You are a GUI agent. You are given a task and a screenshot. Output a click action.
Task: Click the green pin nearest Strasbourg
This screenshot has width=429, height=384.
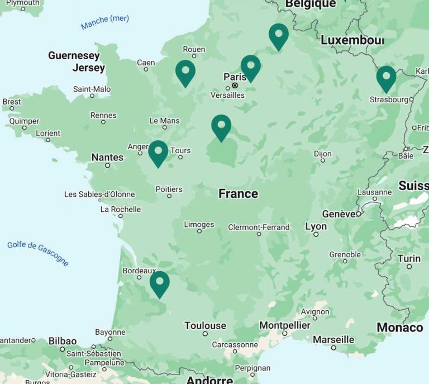point(386,77)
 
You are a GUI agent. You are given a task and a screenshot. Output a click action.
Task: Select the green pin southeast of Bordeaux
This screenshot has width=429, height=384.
point(160,282)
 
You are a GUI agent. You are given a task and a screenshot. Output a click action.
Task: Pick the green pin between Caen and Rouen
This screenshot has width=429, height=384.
point(185,72)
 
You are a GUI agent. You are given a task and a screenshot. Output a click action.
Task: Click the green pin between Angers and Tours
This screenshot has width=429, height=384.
point(158,152)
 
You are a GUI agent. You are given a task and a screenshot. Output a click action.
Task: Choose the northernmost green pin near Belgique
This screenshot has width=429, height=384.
point(279,35)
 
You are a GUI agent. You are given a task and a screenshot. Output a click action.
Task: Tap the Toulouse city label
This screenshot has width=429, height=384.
point(205,325)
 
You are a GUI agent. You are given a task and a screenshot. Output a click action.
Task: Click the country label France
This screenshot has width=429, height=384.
point(238,193)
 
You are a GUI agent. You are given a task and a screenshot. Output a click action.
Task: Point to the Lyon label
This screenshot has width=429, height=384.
point(316,226)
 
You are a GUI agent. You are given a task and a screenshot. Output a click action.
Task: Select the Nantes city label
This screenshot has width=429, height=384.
point(107,157)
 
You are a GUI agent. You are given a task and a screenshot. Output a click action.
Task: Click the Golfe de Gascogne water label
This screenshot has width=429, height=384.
point(38,253)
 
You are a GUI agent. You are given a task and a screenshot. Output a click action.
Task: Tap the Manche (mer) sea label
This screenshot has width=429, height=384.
point(105,22)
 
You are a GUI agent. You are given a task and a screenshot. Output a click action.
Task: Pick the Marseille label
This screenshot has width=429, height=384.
point(333,339)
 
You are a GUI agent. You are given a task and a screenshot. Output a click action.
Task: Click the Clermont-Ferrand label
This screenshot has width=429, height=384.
point(259,227)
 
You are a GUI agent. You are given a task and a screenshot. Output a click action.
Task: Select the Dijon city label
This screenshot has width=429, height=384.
point(322,154)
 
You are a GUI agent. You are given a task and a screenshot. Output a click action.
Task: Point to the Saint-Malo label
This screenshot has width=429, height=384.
point(92,89)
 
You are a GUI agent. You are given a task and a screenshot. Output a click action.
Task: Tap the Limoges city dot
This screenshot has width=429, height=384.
point(199,231)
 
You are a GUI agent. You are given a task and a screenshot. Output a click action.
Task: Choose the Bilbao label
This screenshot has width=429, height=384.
point(62,341)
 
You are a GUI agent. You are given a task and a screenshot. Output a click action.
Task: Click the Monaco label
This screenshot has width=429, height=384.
point(400,327)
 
